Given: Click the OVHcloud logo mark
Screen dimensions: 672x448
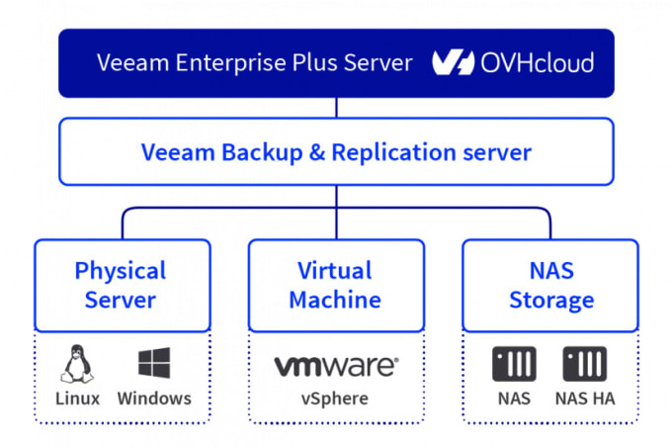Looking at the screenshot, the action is click(x=453, y=62).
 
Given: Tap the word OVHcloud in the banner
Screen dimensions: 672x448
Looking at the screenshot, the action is click(x=537, y=62).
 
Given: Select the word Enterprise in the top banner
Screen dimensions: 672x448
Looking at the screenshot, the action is click(x=231, y=63).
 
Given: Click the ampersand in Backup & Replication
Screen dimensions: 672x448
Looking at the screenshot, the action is click(x=317, y=152).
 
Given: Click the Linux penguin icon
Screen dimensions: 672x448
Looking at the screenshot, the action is click(x=77, y=364).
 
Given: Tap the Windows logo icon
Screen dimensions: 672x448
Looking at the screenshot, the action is click(x=154, y=363).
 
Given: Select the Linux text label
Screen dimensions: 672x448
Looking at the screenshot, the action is click(x=77, y=399).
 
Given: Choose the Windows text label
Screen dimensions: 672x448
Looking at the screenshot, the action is click(x=154, y=399).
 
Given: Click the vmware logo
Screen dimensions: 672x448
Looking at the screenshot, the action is click(x=336, y=366).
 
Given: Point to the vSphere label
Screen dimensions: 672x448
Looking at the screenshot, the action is click(x=335, y=400).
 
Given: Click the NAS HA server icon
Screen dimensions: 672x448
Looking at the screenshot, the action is click(x=585, y=364).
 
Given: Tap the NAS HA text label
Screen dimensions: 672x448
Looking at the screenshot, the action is click(x=585, y=399).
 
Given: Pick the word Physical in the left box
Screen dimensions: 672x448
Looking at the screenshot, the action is click(x=121, y=271).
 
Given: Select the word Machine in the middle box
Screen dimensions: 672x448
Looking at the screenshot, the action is click(x=335, y=300).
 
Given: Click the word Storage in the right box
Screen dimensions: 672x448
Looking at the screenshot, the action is click(x=551, y=301).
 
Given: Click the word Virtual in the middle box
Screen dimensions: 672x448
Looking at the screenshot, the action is click(x=335, y=271).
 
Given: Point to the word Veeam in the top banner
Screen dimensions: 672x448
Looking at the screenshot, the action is click(x=133, y=63).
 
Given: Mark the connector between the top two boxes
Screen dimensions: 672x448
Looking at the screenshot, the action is click(x=336, y=108).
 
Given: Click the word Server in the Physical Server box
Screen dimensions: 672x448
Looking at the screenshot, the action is click(x=121, y=300).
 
